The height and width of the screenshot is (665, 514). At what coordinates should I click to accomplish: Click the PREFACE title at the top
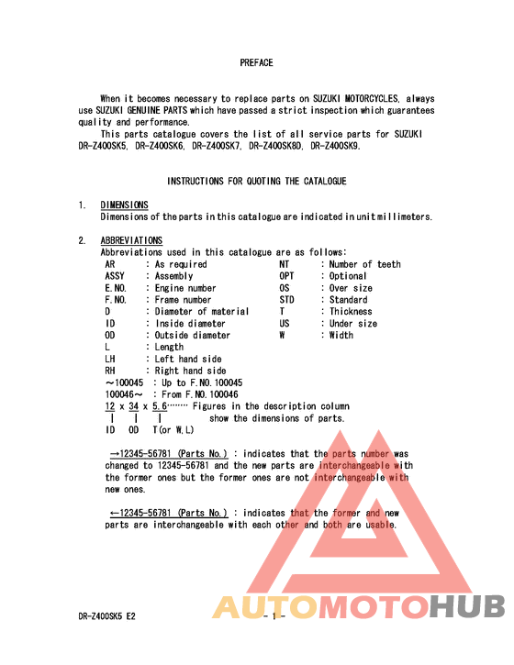[x=256, y=62]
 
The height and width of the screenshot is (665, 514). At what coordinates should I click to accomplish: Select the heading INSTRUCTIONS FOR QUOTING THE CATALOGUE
[x=256, y=182]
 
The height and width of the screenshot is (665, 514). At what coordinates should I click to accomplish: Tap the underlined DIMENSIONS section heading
[x=124, y=205]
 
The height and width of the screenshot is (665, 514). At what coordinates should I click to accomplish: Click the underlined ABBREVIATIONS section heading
[x=131, y=240]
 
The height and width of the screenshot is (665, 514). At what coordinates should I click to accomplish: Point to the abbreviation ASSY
[x=115, y=276]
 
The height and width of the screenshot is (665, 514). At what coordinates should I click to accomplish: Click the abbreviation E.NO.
[x=116, y=288]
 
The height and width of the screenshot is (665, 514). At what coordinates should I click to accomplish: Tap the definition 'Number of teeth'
[x=365, y=264]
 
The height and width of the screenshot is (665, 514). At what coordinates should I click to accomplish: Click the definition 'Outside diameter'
[x=193, y=336]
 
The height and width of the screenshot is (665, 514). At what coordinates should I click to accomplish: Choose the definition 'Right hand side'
[x=190, y=371]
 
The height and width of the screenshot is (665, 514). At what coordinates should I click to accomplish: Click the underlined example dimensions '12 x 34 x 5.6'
[x=136, y=406]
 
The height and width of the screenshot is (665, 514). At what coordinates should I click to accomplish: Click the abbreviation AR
[x=110, y=264]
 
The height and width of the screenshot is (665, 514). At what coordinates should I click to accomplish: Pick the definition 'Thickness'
[x=351, y=312]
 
